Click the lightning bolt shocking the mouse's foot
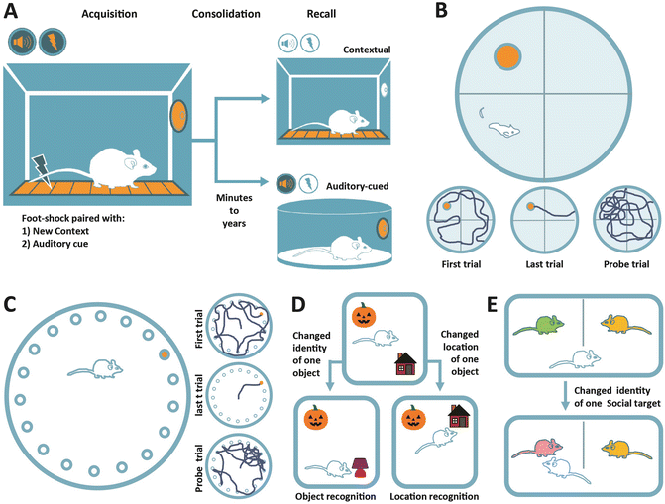tap(43, 169)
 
